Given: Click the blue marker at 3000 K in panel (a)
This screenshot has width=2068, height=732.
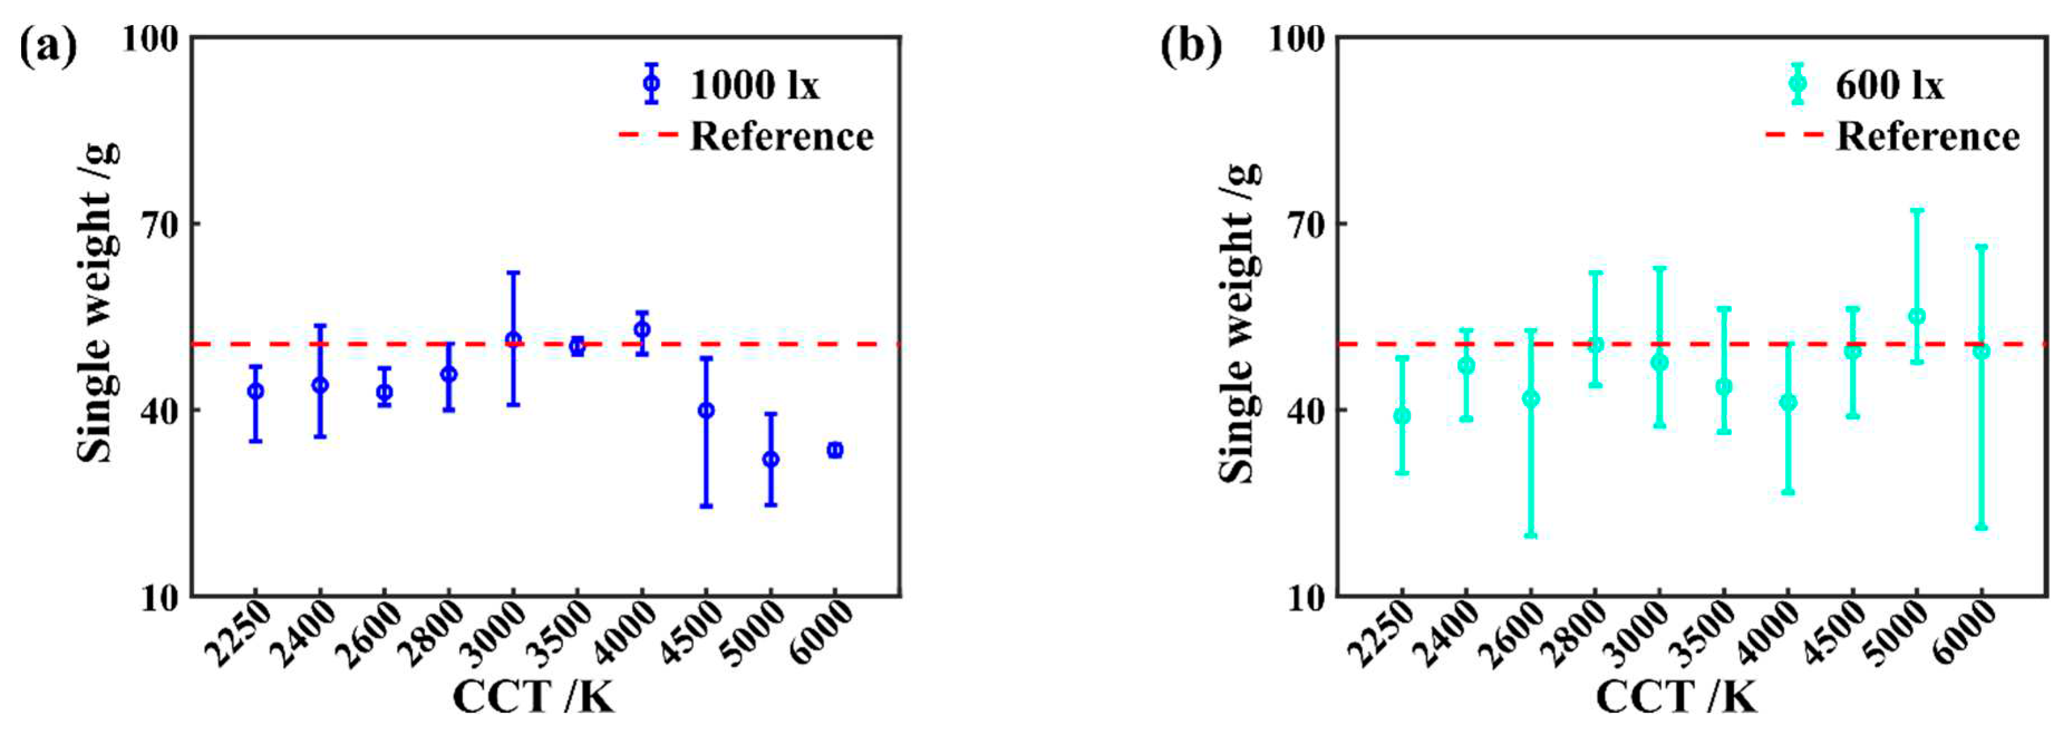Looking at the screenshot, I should (513, 339).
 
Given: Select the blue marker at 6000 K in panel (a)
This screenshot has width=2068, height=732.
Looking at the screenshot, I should (835, 450).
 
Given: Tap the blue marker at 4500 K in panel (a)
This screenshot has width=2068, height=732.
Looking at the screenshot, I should (706, 410).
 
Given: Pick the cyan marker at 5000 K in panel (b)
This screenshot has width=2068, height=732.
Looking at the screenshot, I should (1917, 316).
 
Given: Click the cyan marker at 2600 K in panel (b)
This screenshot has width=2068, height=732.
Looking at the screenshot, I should (1531, 399).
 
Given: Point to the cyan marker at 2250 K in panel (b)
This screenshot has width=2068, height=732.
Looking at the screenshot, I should (1402, 416).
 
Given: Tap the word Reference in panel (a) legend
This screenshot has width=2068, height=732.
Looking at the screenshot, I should (781, 136).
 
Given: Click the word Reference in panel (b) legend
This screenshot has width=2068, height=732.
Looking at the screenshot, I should (1928, 136).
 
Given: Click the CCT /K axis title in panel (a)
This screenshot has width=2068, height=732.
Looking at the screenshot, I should (533, 696).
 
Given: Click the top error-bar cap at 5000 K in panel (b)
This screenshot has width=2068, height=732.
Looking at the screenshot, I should (1917, 210).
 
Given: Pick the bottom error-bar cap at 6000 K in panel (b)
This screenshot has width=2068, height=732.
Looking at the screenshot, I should (1981, 528).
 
